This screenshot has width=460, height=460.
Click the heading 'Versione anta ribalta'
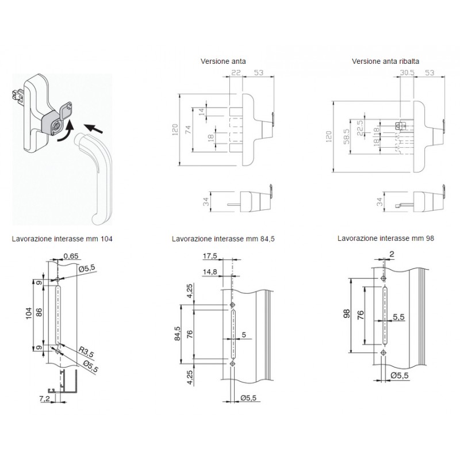(385, 61)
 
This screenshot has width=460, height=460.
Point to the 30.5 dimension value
(407, 73)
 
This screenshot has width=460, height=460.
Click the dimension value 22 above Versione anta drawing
(236, 73)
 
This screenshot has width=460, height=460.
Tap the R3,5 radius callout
(86, 348)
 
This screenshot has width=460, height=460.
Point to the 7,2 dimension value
(43, 397)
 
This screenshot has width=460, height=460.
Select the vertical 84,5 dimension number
(177, 335)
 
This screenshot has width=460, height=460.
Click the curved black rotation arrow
(64, 136)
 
